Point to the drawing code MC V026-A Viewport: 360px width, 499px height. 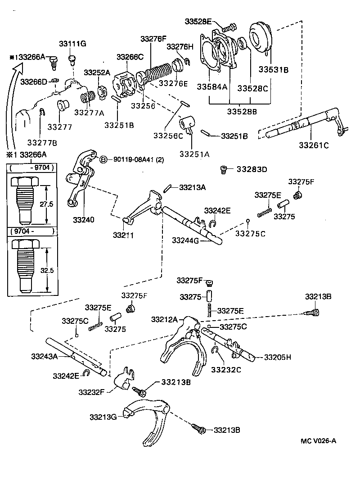click(318, 440)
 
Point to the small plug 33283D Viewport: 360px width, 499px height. click(223, 169)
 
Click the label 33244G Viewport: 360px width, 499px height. click(186, 240)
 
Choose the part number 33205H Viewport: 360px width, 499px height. click(278, 357)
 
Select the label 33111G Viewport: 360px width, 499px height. click(72, 44)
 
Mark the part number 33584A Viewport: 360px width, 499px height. click(211, 87)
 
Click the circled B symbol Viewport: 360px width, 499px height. click(103, 159)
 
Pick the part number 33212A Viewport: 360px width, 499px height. click(165, 319)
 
